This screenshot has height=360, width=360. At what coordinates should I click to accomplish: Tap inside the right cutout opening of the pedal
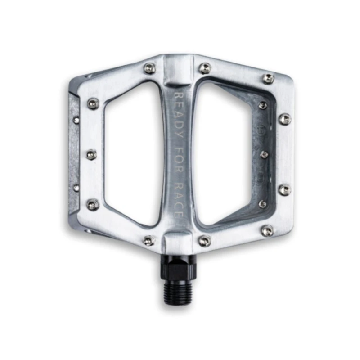tap(223, 153)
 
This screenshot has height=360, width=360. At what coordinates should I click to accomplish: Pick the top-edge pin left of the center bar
tap(149, 68)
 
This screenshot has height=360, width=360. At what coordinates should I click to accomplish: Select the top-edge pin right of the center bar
tap(205, 68)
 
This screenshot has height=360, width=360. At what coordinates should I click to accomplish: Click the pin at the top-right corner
tap(269, 79)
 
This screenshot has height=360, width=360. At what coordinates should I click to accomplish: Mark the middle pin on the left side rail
tap(91, 154)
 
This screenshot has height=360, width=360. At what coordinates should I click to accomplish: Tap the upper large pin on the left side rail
tap(93, 104)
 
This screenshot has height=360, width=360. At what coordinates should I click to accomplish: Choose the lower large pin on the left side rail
tap(93, 205)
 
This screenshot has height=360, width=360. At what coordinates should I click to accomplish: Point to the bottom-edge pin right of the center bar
tap(205, 241)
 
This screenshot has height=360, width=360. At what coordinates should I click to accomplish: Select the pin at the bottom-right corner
tap(267, 231)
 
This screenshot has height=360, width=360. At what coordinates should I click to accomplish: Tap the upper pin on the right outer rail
tap(284, 119)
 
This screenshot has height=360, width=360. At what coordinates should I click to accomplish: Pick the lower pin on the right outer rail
tap(284, 190)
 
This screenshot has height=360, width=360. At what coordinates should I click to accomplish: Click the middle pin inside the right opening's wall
tap(264, 155)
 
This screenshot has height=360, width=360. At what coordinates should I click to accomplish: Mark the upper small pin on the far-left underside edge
tap(76, 120)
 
